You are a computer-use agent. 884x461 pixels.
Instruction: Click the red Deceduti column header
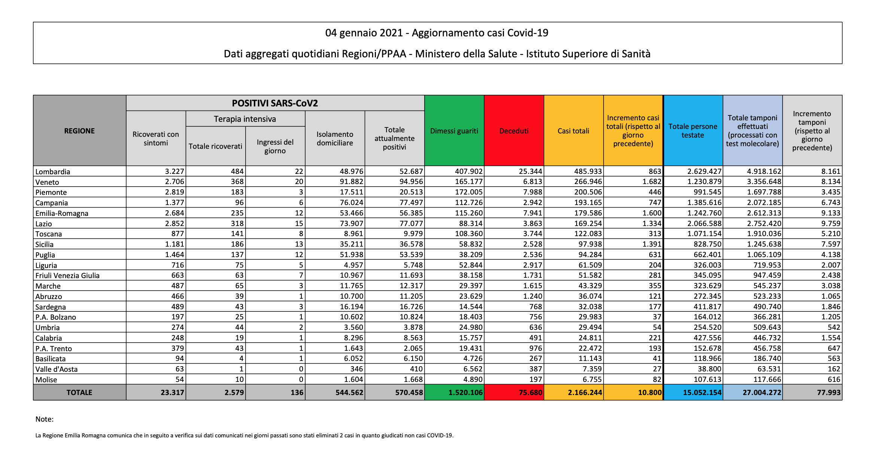click(x=514, y=131)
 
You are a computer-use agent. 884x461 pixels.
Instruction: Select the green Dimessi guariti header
click(x=454, y=131)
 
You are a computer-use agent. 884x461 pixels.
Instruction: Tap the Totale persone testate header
click(x=693, y=131)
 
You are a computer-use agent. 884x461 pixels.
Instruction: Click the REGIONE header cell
click(x=79, y=131)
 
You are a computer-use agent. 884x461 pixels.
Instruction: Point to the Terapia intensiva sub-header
click(x=245, y=119)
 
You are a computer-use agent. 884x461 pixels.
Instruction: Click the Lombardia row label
click(x=53, y=172)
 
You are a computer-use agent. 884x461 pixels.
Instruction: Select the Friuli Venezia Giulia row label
click(x=67, y=275)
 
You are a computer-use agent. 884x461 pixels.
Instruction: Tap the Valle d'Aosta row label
click(x=57, y=369)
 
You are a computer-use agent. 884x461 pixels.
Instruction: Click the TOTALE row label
click(x=79, y=392)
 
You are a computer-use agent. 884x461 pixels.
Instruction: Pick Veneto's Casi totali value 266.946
click(x=588, y=182)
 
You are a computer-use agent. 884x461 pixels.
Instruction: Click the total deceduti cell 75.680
click(x=531, y=392)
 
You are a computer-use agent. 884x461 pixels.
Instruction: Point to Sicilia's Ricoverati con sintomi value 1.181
click(x=174, y=244)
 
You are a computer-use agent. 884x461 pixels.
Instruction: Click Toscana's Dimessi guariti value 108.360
click(x=469, y=233)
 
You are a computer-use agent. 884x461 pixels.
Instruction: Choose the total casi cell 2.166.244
click(x=585, y=392)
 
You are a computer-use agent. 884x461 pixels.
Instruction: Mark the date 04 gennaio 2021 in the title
click(x=364, y=33)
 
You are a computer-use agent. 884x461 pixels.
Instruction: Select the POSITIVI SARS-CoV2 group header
click(x=275, y=103)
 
